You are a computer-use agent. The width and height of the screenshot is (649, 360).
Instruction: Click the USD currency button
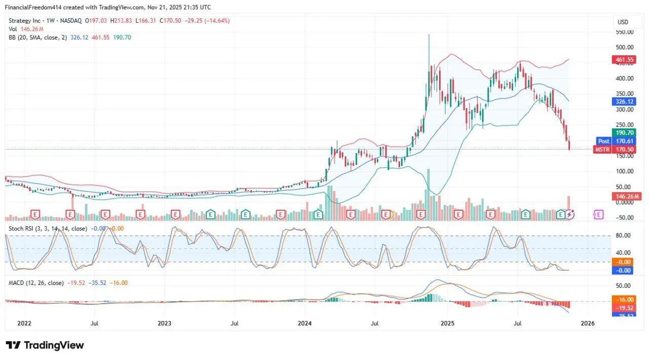[x=623, y=22]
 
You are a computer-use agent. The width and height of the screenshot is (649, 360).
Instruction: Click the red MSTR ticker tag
[x=603, y=150]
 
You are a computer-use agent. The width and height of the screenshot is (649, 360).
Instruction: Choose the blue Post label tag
[x=604, y=141]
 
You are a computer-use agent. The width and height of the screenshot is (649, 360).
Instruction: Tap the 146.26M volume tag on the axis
[x=627, y=196]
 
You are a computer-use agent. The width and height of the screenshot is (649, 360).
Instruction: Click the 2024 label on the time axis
[x=304, y=323]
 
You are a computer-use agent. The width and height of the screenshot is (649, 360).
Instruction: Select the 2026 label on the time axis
[x=588, y=323]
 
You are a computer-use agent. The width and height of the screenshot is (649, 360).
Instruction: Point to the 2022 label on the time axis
[x=23, y=323]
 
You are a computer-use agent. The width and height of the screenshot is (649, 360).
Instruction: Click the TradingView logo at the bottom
[x=45, y=345]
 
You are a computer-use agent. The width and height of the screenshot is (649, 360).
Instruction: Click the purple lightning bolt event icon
[x=570, y=214]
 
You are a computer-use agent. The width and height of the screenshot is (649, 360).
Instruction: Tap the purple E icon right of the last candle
[x=599, y=214]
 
